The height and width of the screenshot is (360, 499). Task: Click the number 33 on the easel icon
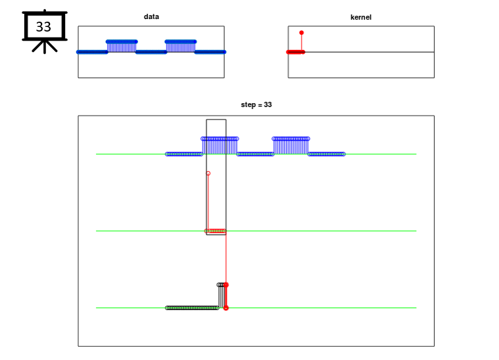point(43,27)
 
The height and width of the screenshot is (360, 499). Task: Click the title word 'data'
point(151,16)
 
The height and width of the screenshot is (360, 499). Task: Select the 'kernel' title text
point(360,17)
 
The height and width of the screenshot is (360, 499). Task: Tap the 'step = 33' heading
point(256,104)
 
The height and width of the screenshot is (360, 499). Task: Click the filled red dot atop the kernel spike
point(301,33)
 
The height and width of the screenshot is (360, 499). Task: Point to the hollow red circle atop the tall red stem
point(208,173)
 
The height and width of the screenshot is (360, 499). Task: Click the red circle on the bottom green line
point(226,308)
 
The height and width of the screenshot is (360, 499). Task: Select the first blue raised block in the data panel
point(122,47)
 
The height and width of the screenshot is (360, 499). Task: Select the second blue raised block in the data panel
point(180,47)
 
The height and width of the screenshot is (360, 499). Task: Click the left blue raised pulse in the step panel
point(220,146)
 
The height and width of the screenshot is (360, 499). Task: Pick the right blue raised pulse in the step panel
point(291,146)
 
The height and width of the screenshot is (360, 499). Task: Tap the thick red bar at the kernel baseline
point(296,52)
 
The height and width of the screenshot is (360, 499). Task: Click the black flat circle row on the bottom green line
point(192,308)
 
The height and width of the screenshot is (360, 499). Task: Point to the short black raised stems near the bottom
point(220,296)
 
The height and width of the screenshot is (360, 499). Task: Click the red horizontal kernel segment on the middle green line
point(216,231)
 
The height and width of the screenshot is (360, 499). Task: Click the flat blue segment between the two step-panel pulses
point(255,154)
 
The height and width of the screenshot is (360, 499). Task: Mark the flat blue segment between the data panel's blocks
point(151,52)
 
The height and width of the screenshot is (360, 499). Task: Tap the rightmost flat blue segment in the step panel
point(327,154)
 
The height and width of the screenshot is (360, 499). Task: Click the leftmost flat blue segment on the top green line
point(184,154)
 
